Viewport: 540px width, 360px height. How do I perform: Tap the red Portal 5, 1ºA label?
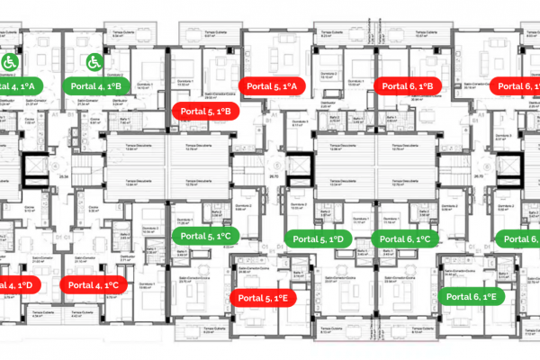point(277,85)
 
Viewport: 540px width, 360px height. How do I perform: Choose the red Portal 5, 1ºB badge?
point(204,112)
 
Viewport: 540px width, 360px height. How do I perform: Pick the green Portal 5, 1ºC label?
point(204,236)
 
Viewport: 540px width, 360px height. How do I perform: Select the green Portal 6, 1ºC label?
point(409,239)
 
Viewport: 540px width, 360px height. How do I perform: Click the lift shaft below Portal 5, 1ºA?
point(297,167)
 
